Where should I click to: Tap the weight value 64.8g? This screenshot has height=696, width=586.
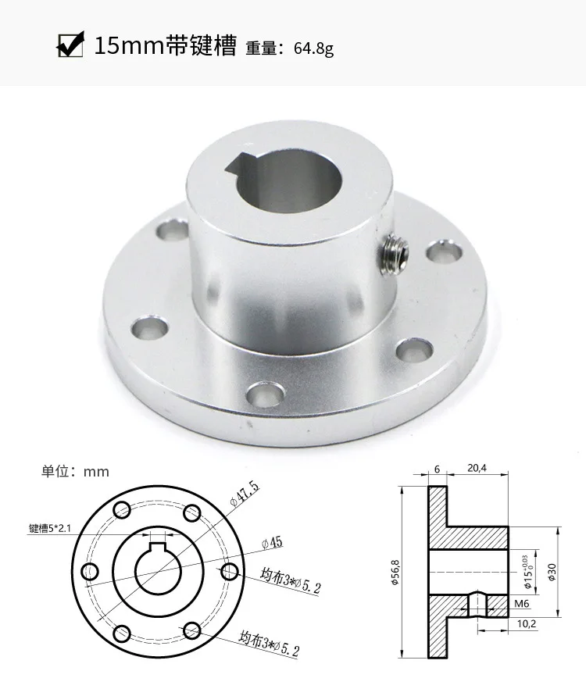tap(313, 48)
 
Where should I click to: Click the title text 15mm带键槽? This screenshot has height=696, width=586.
tap(164, 45)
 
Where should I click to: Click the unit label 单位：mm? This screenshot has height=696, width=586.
tap(76, 471)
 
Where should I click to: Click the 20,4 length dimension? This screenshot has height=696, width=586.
tap(476, 469)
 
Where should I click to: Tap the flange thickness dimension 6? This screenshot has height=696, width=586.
tap(437, 469)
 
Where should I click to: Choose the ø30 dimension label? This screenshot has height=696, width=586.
tap(552, 572)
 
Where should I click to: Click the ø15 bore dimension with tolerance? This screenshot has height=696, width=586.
tap(528, 572)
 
